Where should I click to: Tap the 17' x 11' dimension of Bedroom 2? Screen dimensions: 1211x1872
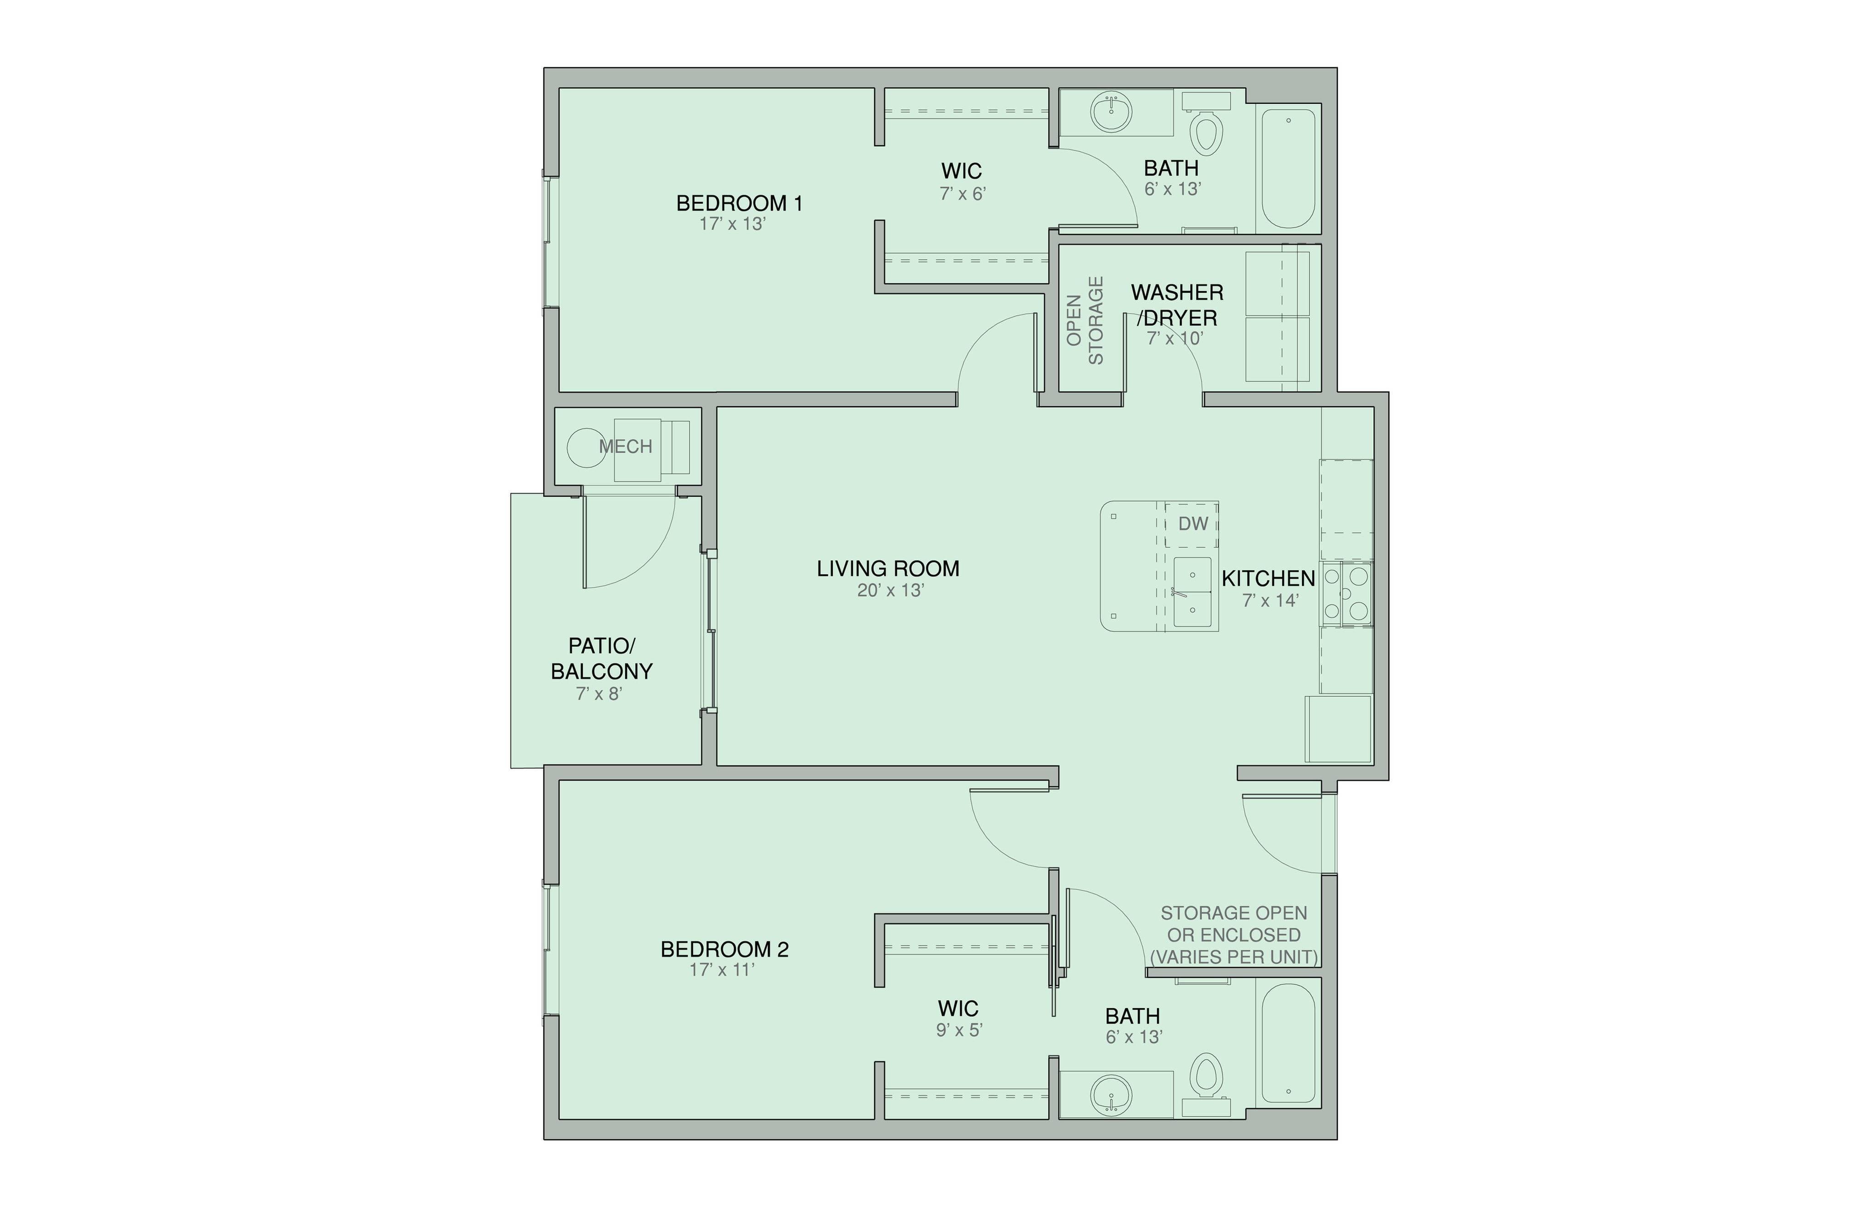click(721, 970)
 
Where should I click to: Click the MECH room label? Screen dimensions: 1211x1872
click(625, 446)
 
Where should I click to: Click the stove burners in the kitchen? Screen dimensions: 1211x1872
click(1346, 594)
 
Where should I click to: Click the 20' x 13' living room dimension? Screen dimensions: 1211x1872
click(889, 590)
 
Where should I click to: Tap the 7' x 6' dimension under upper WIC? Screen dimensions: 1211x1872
click(963, 193)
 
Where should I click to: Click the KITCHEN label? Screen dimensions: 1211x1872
click(1267, 578)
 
